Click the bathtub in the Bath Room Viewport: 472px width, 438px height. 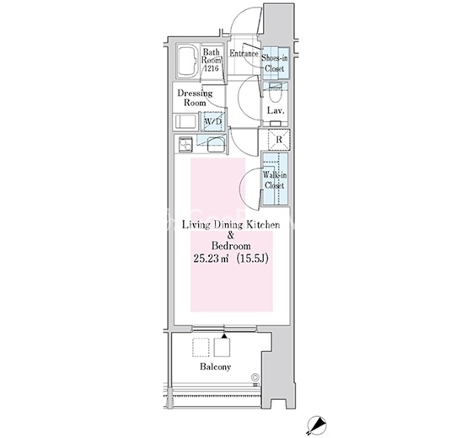[187, 61]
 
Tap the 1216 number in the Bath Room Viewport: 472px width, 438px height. [211, 68]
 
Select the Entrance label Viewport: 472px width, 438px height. [244, 54]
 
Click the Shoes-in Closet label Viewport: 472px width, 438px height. [275, 63]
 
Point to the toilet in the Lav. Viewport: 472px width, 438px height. [275, 93]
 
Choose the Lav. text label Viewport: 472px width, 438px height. [276, 110]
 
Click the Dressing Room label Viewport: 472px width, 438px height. [195, 98]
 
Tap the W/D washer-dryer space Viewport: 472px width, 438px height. [213, 121]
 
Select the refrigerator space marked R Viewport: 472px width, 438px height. [279, 140]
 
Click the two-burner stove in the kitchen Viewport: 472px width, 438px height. [185, 144]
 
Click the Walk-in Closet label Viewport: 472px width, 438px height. [275, 180]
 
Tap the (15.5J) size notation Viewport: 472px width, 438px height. [252, 259]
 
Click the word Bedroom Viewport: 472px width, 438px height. [231, 246]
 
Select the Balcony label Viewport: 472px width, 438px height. [216, 366]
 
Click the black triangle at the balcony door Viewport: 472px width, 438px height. [224, 336]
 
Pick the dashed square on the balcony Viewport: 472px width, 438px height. [201, 347]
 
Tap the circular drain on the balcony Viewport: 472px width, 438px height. [255, 377]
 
